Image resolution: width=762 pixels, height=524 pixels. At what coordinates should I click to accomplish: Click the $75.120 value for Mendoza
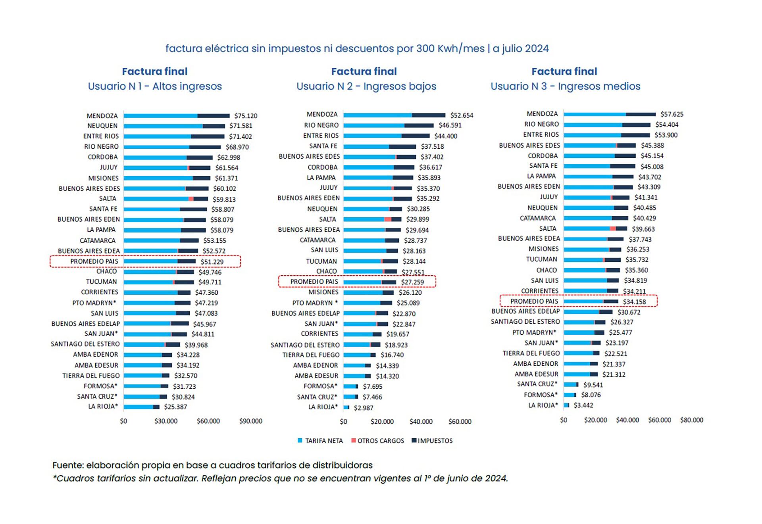pos(245,116)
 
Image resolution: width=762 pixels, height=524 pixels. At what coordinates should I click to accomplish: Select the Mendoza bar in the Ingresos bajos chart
pos(394,115)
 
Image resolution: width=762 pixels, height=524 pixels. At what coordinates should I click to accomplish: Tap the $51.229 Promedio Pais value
pos(212,262)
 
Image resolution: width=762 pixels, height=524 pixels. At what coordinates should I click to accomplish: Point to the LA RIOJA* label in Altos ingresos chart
pos(103,407)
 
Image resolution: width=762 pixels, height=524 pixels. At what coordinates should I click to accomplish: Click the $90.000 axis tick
pos(250,421)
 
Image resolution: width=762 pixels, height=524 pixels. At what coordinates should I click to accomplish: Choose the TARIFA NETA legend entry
pos(320,441)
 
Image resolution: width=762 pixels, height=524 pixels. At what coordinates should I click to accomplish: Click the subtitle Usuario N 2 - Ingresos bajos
pos(366,86)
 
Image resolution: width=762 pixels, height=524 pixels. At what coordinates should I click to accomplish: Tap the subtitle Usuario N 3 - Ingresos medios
pos(565,86)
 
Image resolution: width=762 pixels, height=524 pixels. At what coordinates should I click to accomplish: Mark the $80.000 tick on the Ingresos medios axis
pos(691,420)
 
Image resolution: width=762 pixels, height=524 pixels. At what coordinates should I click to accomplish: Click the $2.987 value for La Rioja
pos(363,408)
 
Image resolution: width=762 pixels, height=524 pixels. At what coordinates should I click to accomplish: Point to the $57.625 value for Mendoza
pos(672,114)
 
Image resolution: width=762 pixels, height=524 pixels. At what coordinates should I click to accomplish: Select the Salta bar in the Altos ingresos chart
pos(165,199)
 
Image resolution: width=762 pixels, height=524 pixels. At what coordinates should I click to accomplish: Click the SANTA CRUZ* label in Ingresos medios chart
pos(537,384)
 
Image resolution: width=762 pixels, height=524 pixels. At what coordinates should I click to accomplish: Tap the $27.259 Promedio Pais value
pos(412,282)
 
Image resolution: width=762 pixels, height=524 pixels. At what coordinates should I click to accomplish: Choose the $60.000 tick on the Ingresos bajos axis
pos(460,422)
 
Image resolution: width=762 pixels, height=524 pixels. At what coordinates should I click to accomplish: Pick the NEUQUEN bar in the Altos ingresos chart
pos(174,126)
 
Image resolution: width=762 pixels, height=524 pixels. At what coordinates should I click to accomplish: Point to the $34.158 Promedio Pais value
pos(634,302)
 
